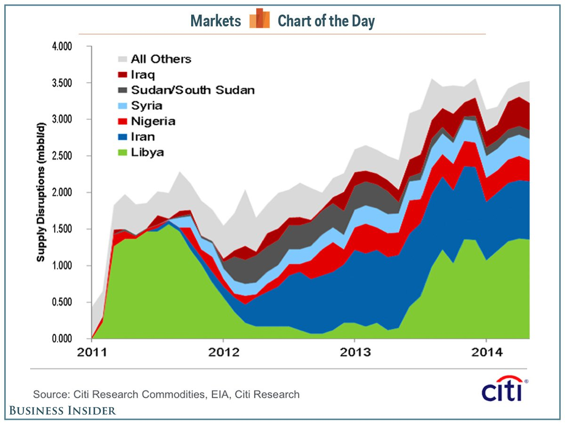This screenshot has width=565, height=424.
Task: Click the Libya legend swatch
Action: tap(122, 153)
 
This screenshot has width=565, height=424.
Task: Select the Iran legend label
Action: tap(143, 137)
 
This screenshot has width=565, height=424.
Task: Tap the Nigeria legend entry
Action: tap(153, 122)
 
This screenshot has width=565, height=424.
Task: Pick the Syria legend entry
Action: tap(147, 106)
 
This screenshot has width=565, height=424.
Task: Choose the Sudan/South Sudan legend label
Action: tap(193, 90)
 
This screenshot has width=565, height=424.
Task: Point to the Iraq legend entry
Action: tap(143, 74)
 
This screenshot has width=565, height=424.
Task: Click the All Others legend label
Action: tap(161, 59)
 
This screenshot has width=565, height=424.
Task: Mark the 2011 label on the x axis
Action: tap(92, 352)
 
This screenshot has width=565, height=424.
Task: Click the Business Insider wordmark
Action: tap(63, 411)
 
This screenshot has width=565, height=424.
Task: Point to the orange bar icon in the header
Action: tap(259, 19)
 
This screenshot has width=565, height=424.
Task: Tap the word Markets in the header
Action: tap(216, 21)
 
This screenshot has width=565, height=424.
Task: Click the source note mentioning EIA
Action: tap(166, 394)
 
